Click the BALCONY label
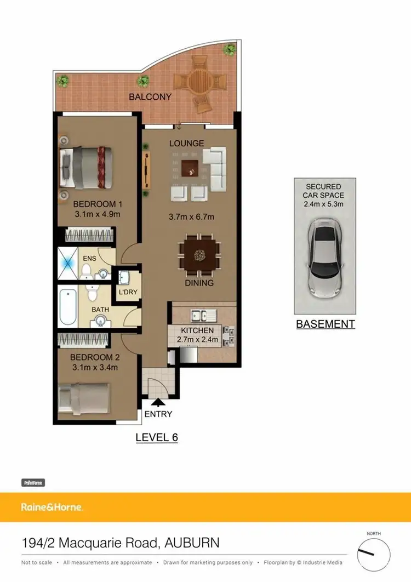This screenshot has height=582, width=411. tap(150, 97)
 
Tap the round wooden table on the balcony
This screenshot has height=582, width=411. tap(201, 81)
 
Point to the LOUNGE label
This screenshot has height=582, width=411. tap(186, 144)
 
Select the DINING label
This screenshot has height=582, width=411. tap(199, 283)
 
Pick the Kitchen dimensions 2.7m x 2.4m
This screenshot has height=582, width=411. tap(197, 340)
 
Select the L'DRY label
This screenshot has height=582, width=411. tap(128, 292)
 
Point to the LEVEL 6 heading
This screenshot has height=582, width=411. tap(157, 437)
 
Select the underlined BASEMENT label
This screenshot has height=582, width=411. tap(326, 324)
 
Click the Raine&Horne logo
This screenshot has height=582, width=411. tap(52, 507)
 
